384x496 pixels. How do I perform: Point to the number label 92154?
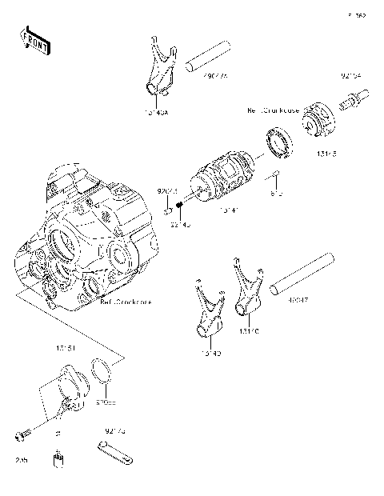(x=350, y=78)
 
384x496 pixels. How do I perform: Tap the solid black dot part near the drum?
(x=181, y=206)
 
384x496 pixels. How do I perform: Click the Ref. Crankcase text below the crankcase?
(x=124, y=303)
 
